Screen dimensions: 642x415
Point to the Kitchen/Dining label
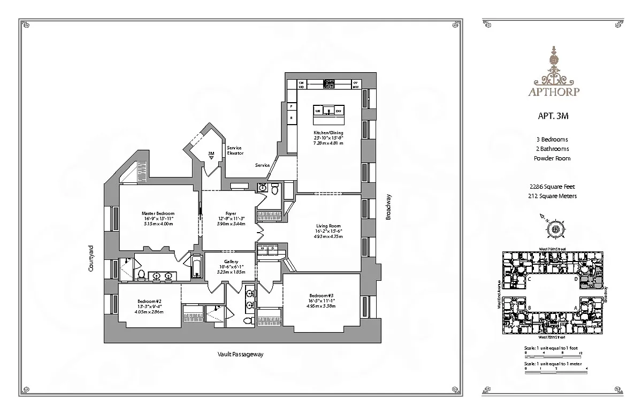pyautogui.click(x=328, y=133)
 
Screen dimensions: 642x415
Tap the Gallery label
pyautogui.click(x=231, y=262)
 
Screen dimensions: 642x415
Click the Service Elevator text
pyautogui.click(x=235, y=150)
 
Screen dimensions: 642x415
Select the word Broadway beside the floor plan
pyautogui.click(x=389, y=207)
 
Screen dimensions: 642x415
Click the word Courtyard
pyautogui.click(x=91, y=258)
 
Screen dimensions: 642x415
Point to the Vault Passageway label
pyautogui.click(x=241, y=355)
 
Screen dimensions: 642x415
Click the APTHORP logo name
pyautogui.click(x=556, y=91)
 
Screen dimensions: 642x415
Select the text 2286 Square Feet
pyautogui.click(x=556, y=187)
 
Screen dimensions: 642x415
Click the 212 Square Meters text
pyautogui.click(x=556, y=196)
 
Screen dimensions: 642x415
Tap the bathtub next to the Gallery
pyautogui.click(x=196, y=266)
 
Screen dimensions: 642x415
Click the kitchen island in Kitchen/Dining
pyautogui.click(x=328, y=111)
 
